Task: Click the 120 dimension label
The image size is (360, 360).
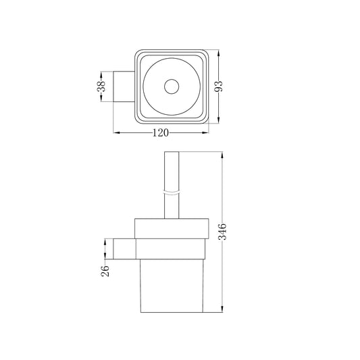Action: coord(161,132)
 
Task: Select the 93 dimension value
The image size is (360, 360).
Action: coord(219,86)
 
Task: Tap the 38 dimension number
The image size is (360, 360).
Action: coord(101,86)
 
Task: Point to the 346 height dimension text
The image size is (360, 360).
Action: coord(222,232)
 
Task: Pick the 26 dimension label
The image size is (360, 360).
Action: coord(105,271)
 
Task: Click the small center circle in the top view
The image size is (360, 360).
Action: coord(172,86)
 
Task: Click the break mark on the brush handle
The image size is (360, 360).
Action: coord(172,192)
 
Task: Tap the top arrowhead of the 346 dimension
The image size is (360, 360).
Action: coord(222,155)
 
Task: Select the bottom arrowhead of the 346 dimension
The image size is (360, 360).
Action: coord(222,309)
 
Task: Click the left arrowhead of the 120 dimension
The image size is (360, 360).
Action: coord(117,132)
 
